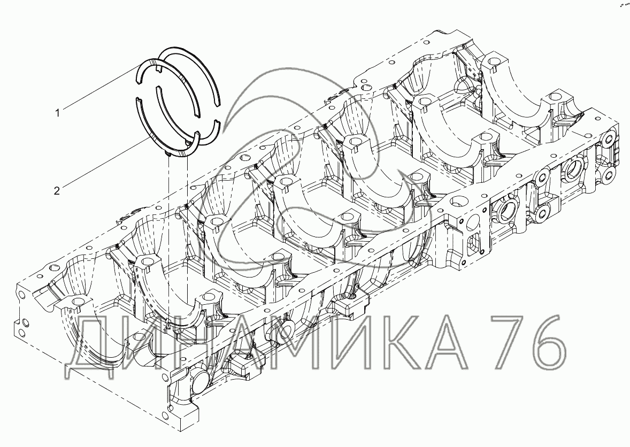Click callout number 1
click(x=57, y=113)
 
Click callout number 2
click(x=57, y=190)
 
